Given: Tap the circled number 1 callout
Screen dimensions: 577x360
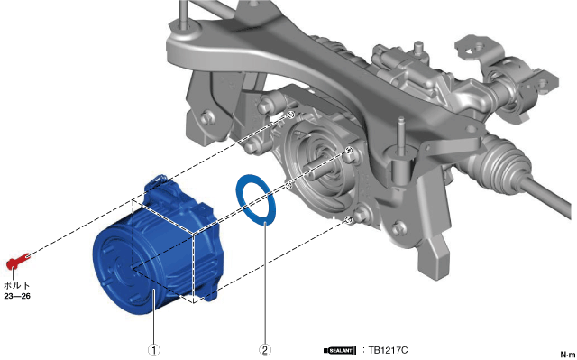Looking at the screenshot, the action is coord(154,350).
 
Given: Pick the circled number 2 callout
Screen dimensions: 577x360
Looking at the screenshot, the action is coord(265,350).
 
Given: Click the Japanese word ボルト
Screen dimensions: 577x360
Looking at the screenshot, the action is coord(17,285).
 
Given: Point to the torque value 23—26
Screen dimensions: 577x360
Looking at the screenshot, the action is coord(17,296).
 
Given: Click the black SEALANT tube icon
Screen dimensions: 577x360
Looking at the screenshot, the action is coord(340,350).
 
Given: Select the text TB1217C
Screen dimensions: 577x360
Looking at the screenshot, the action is coord(388,350).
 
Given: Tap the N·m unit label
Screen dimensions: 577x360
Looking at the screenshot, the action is coord(568,355).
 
